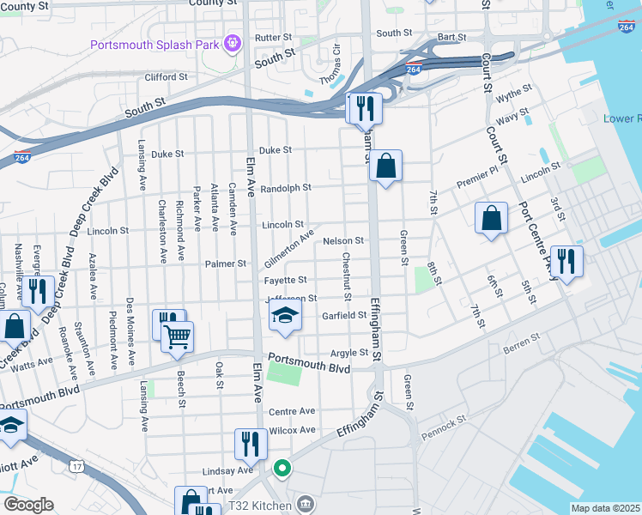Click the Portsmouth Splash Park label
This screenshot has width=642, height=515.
154,43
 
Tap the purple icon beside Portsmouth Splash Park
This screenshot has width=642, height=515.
231,42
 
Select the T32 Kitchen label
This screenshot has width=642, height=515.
259,506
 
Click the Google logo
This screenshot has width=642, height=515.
27,505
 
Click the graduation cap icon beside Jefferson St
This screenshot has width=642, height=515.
285,317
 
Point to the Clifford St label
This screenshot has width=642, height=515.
167,77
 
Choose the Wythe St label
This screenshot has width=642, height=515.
513,90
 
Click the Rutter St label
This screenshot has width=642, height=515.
274,38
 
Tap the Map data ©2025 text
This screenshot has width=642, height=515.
605,508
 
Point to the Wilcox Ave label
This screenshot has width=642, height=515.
293,430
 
